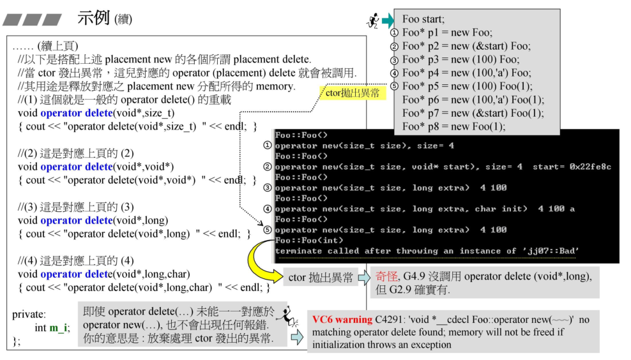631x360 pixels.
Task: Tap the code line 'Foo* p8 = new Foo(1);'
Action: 453,126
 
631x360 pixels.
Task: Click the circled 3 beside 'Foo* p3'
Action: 394,59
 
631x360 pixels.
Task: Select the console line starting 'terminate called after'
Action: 427,251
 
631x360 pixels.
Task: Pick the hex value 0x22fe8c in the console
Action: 588,167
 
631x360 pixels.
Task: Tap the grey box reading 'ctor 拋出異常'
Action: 321,278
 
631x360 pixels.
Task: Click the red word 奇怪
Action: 386,276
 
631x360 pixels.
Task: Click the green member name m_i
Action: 59,327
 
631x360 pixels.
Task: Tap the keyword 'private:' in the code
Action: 29,314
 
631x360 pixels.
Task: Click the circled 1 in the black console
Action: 268,146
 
